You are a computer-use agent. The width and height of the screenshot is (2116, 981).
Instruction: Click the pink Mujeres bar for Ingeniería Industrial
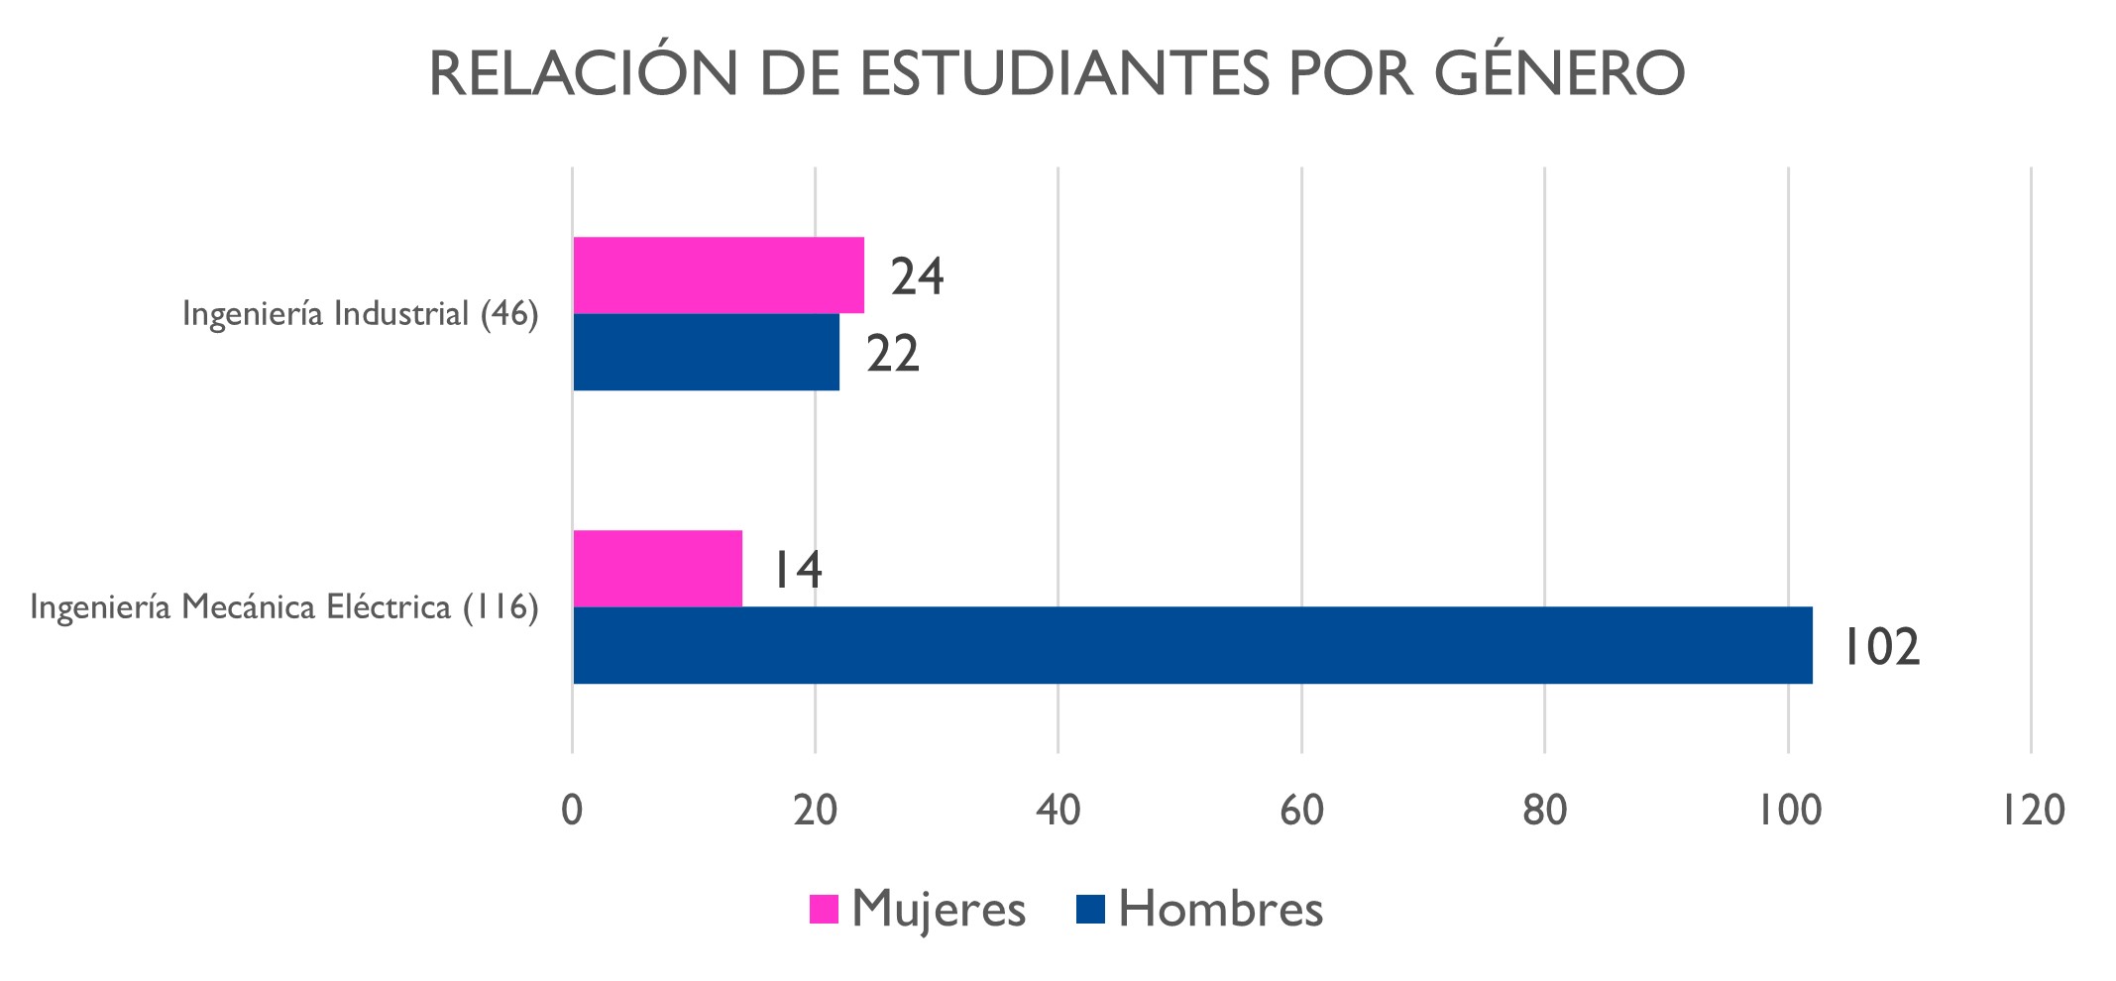719,275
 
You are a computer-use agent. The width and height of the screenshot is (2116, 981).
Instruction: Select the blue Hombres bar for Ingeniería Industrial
706,353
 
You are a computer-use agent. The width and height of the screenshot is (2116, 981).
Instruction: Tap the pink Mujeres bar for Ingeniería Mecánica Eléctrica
657,569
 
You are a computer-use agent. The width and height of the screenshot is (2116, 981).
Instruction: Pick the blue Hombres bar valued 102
1192,645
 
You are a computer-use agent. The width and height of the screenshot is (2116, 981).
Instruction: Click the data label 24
917,276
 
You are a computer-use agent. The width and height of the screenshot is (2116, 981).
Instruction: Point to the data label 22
893,354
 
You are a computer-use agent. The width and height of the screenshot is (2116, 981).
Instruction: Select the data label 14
797,570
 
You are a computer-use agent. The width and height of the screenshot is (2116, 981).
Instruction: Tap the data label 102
1880,647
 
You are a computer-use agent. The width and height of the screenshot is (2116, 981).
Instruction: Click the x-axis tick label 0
572,811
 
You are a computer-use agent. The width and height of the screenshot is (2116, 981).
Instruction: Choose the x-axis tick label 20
815,811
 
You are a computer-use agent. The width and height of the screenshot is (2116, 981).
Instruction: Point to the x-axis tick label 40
1058,811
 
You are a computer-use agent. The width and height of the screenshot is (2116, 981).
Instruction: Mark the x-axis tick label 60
1301,811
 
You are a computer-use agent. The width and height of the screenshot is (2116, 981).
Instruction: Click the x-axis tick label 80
1544,811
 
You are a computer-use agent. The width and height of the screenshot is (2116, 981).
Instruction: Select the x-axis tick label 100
1789,811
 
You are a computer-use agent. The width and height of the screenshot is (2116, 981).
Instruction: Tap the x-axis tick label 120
2032,811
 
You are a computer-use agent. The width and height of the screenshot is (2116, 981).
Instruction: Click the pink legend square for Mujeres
824,909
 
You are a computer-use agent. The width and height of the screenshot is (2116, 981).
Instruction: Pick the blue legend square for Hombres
1090,909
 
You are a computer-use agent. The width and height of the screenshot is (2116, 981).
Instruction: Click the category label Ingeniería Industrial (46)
360,314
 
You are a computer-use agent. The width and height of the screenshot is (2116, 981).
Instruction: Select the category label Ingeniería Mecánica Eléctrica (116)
284,606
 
